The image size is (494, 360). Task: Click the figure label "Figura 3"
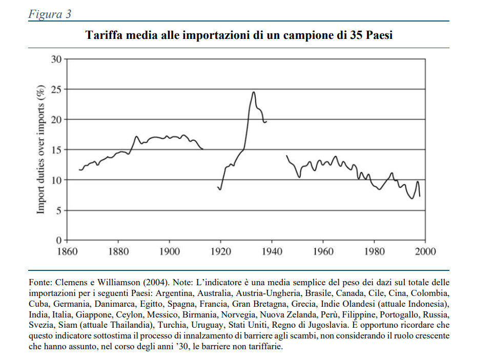[x=49, y=14]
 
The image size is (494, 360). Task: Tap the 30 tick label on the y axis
[x=56, y=59]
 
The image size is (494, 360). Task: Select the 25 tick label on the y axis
[x=56, y=90]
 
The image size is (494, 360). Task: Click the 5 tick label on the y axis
[x=58, y=210]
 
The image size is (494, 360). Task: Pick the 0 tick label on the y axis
[x=58, y=240]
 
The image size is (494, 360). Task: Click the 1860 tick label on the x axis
[x=67, y=251]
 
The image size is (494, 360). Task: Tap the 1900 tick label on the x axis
[x=169, y=251]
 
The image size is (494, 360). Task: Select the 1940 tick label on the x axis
[x=272, y=251]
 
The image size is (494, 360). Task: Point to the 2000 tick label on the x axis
[x=425, y=251]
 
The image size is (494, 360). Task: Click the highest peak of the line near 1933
[x=253, y=92]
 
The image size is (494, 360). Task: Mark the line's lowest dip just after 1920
[x=220, y=189]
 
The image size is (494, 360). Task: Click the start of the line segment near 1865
[x=79, y=170]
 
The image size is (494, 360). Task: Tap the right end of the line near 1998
[x=420, y=196]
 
